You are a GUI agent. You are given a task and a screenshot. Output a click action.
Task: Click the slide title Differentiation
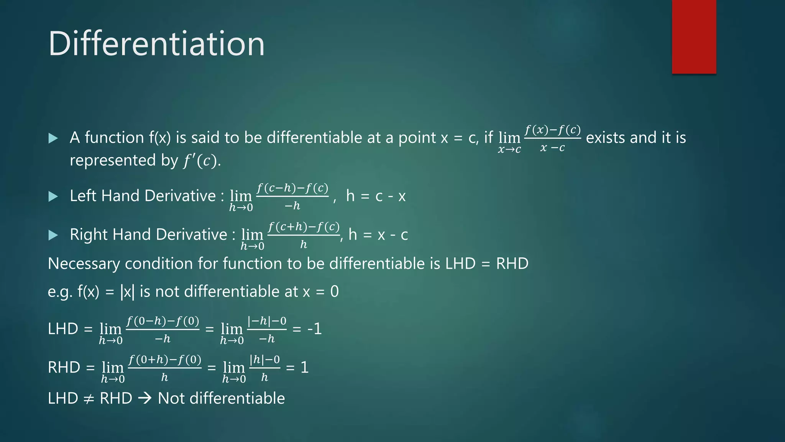(156, 43)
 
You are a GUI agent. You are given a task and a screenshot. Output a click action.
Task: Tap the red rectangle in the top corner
(694, 36)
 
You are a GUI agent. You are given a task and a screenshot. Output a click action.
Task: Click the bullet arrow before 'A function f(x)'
(53, 138)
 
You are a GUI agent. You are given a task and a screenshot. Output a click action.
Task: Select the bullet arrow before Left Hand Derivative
(53, 196)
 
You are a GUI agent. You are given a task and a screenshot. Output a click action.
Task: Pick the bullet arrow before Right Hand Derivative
(53, 235)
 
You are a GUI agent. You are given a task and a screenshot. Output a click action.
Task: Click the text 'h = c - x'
(376, 196)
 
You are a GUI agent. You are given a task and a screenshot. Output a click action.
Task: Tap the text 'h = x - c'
(378, 234)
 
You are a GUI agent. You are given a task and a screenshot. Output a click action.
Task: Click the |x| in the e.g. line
(127, 292)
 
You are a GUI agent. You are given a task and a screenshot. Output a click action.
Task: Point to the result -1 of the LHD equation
(314, 329)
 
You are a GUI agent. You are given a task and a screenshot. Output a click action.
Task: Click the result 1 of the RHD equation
(304, 368)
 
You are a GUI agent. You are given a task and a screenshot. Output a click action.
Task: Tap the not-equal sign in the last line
(89, 399)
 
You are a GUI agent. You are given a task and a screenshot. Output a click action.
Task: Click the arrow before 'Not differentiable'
(145, 399)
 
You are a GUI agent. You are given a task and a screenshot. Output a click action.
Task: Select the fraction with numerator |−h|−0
(267, 329)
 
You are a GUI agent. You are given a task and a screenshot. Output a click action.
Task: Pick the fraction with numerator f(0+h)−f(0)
(164, 368)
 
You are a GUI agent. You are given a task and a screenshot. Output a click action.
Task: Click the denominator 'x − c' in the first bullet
(552, 147)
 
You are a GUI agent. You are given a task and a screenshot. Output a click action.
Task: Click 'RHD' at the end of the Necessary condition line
(512, 264)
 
